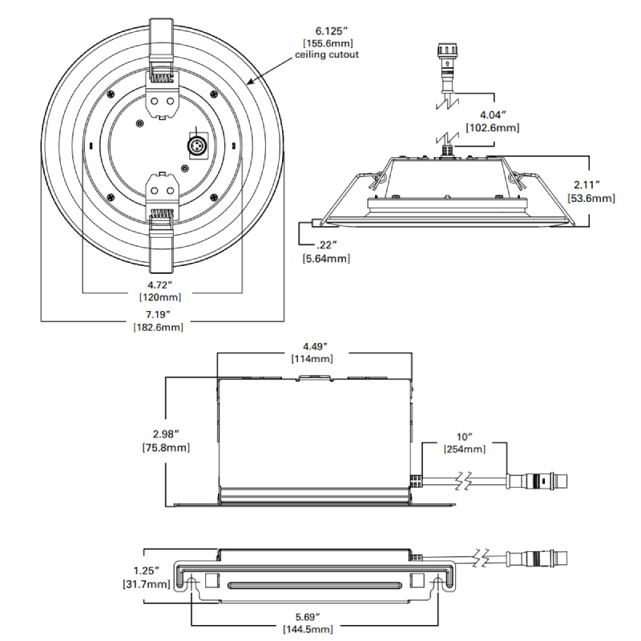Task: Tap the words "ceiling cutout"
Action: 327,54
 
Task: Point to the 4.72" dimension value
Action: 163,284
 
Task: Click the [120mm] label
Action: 163,297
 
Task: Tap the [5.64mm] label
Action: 326,258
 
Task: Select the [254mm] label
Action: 464,449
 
